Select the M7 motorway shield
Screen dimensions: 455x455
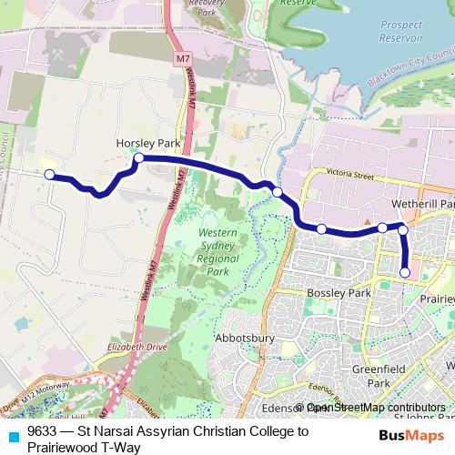[185, 59]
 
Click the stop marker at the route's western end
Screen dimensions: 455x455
[50, 175]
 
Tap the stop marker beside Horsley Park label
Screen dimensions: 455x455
[139, 158]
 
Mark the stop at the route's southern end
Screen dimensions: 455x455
[405, 271]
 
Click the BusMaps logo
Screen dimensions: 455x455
[411, 435]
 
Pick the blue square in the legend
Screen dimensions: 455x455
[12, 436]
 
